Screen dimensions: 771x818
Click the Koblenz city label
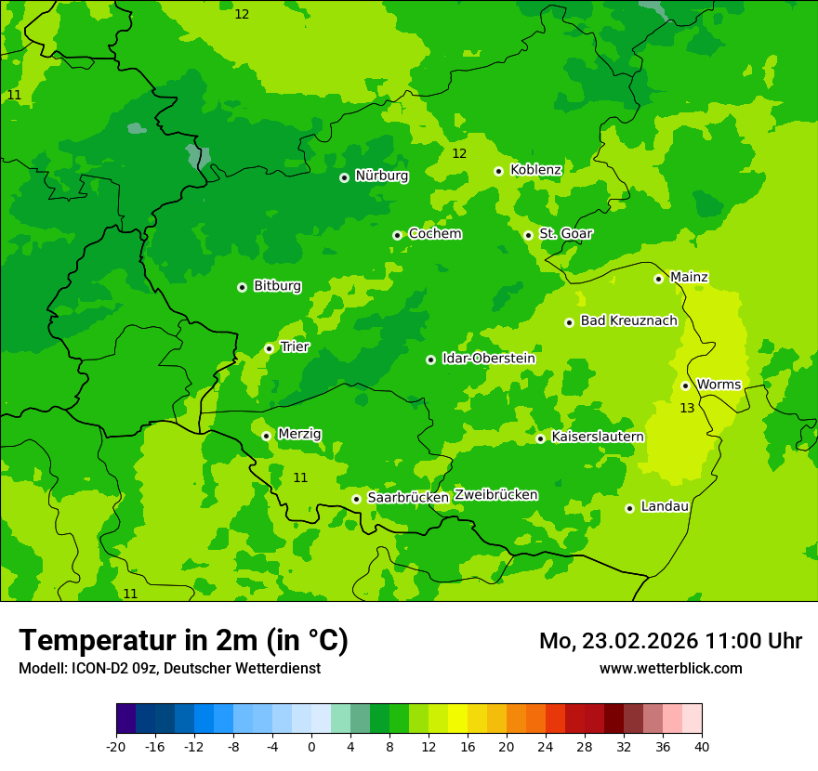pyautogui.click(x=535, y=170)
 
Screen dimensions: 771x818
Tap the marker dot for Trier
pyautogui.click(x=269, y=348)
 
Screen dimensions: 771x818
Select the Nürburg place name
pyautogui.click(x=381, y=176)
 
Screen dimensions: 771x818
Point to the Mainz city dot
pyautogui.click(x=658, y=279)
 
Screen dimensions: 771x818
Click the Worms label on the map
pyautogui.click(x=719, y=385)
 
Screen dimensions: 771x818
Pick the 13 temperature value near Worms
pyautogui.click(x=687, y=408)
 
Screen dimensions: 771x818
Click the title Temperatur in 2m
pyautogui.click(x=183, y=640)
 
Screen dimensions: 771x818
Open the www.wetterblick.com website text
pyautogui.click(x=670, y=668)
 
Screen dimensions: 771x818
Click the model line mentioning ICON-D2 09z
pyautogui.click(x=169, y=668)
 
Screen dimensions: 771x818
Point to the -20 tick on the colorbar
pyautogui.click(x=115, y=746)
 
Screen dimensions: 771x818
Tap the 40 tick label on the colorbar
pyautogui.click(x=702, y=746)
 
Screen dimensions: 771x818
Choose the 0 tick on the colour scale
pyautogui.click(x=311, y=746)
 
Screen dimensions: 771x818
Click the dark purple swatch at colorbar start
pyautogui.click(x=125, y=719)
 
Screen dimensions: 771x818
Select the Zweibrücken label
pyautogui.click(x=495, y=495)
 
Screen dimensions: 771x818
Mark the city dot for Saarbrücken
pyautogui.click(x=356, y=499)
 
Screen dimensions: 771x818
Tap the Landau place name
pyautogui.click(x=665, y=506)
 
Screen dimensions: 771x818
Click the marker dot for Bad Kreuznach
pyautogui.click(x=569, y=322)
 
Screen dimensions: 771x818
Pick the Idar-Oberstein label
pyautogui.click(x=488, y=359)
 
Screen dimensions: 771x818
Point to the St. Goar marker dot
pyautogui.click(x=528, y=235)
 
